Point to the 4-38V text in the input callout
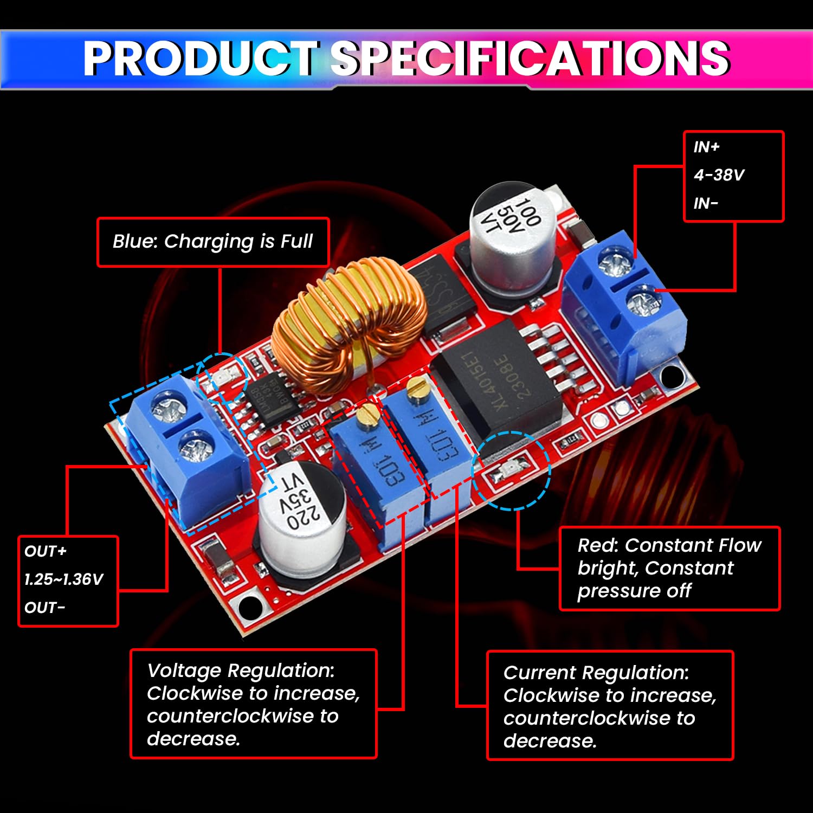[719, 175]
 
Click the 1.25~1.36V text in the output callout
[63, 579]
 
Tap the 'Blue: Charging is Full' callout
[212, 242]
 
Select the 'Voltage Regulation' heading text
[241, 670]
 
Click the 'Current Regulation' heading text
[596, 673]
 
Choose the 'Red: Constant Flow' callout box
[669, 568]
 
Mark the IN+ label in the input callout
[706, 147]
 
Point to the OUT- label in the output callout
[44, 608]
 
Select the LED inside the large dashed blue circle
[510, 469]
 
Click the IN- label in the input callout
[706, 204]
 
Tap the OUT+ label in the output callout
[46, 551]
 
